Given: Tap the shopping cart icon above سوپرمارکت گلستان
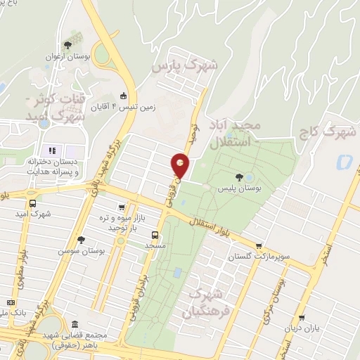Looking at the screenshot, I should coord(259,246).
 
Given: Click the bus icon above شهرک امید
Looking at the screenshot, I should coord(32,203).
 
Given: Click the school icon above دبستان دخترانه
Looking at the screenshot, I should coord(51,150).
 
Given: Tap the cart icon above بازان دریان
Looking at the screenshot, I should coord(302,318).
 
